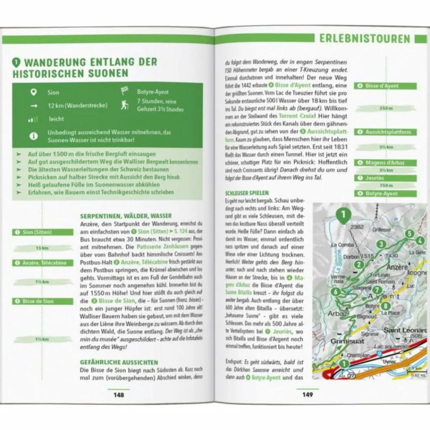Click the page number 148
tap(118, 395)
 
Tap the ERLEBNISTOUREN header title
tap(364, 39)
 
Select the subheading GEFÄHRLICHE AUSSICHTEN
tap(119, 362)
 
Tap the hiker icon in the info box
tap(125, 105)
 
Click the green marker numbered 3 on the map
tap(381, 244)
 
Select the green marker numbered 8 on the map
tap(386, 306)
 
